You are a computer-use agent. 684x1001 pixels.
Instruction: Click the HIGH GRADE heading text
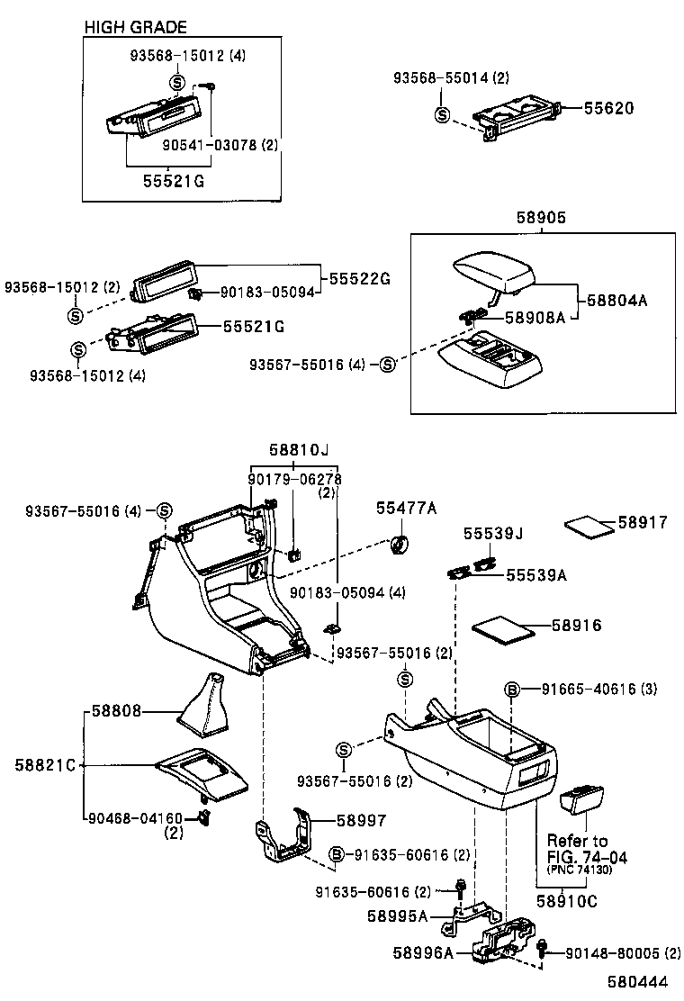(x=135, y=28)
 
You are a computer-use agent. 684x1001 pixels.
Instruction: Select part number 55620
(x=608, y=109)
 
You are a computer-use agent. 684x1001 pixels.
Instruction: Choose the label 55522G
(x=358, y=278)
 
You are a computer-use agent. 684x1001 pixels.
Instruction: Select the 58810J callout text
(x=298, y=448)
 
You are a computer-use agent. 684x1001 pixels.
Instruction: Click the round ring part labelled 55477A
(x=400, y=544)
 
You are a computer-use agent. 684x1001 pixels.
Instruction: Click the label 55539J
(x=493, y=534)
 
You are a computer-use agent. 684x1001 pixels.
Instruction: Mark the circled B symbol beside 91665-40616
(x=512, y=690)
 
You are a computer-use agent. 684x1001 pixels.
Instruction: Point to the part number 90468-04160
(x=135, y=818)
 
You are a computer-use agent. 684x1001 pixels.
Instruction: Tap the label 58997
(x=361, y=820)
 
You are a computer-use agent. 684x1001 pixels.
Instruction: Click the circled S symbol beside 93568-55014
(x=443, y=114)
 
